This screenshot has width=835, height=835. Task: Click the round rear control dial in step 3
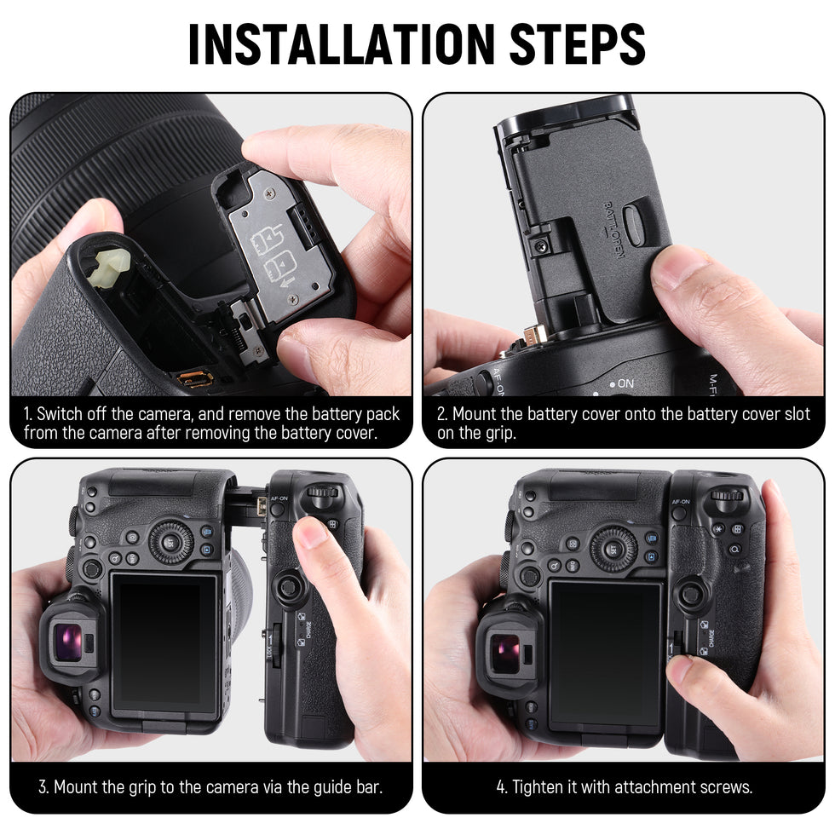click(x=171, y=542)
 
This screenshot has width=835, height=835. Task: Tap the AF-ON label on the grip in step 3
click(x=279, y=498)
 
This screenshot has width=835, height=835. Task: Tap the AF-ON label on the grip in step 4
click(x=681, y=502)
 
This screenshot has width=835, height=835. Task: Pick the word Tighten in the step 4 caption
click(x=540, y=786)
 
